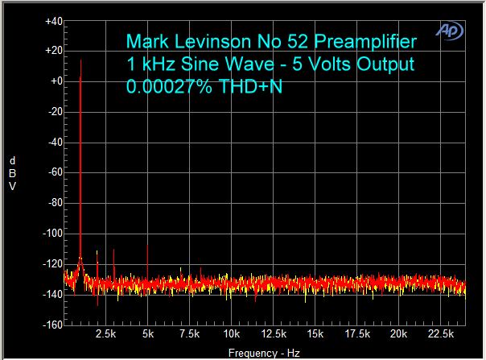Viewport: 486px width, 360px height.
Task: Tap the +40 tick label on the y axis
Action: [54, 21]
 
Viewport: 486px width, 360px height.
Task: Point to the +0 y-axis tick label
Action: [56, 81]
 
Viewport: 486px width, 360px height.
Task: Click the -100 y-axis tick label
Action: [52, 234]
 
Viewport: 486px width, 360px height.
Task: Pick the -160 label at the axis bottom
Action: [52, 325]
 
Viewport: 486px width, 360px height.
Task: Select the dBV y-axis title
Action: [12, 173]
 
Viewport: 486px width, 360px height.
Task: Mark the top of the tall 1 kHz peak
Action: [81, 60]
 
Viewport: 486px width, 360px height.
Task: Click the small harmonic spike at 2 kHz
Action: [97, 252]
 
